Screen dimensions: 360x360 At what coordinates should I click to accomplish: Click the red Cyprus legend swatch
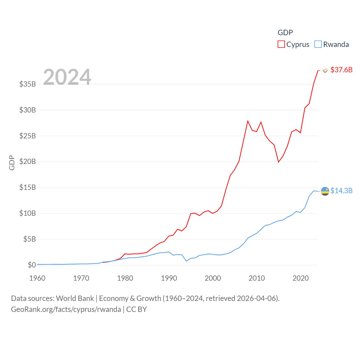[281, 44]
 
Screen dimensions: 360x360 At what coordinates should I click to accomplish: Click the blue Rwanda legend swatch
[318, 44]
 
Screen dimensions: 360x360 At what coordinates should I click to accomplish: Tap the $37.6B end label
[341, 70]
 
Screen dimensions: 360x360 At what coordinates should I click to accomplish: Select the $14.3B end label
[341, 191]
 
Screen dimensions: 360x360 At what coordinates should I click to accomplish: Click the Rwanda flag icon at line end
[325, 191]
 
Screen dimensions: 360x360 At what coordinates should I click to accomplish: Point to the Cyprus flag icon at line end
[325, 70]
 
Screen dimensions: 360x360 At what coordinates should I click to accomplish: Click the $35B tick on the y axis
[28, 84]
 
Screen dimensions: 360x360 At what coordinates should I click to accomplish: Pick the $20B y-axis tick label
[28, 161]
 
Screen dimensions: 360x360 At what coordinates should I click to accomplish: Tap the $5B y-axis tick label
[30, 239]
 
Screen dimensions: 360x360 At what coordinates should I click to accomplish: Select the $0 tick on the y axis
[32, 265]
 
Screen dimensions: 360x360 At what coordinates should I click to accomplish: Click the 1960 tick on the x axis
[37, 278]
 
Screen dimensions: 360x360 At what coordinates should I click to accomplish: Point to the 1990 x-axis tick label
[169, 278]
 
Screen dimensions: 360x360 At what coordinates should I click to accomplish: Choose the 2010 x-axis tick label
[257, 278]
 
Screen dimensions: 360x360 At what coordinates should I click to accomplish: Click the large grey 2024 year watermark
[67, 77]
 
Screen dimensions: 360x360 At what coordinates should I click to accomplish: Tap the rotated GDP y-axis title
[12, 163]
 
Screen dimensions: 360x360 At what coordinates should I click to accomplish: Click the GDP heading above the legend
[285, 33]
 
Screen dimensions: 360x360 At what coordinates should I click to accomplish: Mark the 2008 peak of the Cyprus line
[248, 121]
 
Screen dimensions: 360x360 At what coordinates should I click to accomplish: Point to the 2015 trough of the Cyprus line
[278, 162]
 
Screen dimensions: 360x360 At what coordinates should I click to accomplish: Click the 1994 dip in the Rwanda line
[186, 261]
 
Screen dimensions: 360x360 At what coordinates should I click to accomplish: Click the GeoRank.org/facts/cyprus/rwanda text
[66, 309]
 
